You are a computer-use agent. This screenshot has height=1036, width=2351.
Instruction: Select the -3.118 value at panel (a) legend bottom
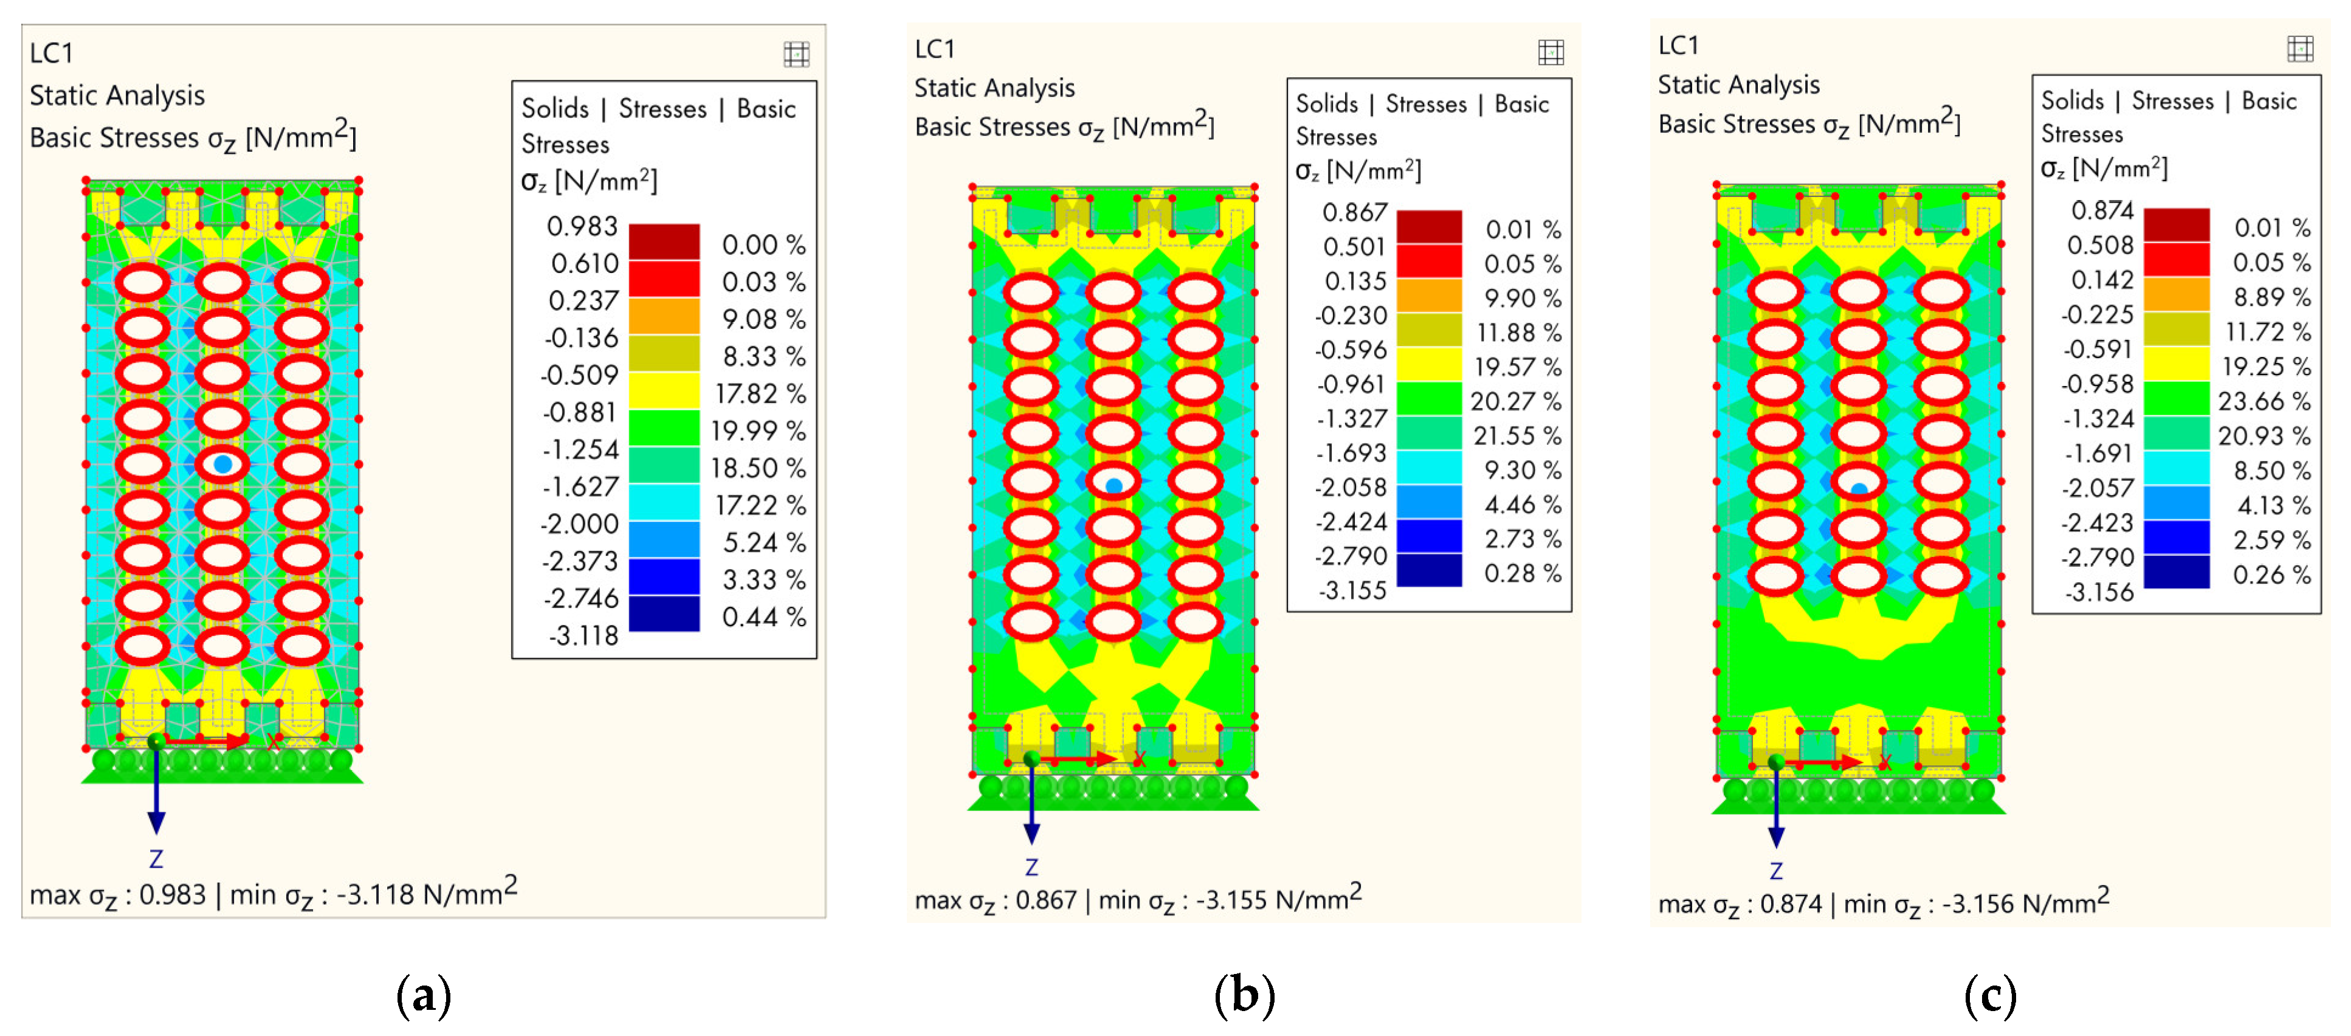[582, 635]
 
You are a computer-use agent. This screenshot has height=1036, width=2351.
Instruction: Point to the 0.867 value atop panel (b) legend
[1354, 213]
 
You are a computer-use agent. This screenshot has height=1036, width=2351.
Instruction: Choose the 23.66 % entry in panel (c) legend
[2263, 401]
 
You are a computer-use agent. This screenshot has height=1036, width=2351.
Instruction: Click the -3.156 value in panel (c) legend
[2099, 592]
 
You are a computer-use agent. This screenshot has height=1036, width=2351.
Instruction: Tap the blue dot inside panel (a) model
[222, 464]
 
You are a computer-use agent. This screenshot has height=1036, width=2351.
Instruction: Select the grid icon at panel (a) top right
[796, 55]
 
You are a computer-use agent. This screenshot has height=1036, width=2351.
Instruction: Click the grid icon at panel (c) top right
[2300, 49]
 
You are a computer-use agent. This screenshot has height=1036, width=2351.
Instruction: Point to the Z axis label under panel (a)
[156, 859]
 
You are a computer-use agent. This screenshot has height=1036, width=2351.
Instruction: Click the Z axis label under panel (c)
[1776, 871]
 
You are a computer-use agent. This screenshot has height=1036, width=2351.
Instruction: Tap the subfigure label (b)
[1244, 994]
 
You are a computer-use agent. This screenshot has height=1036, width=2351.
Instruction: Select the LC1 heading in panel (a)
[51, 53]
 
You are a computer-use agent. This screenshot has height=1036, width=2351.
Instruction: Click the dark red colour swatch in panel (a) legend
[664, 242]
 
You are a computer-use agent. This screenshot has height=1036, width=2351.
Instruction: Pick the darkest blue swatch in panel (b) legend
[1429, 570]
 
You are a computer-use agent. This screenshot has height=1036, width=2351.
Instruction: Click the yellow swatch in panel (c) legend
[2176, 364]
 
